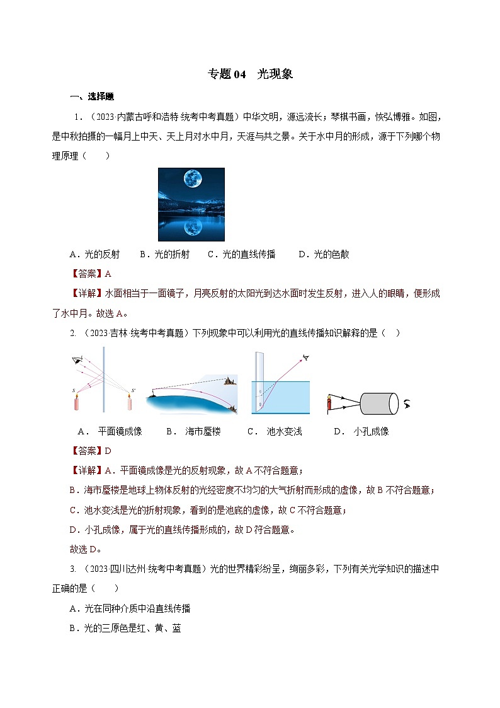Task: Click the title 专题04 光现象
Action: pyautogui.click(x=250, y=74)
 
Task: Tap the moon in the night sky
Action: pyautogui.click(x=192, y=179)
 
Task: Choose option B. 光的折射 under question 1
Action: pyautogui.click(x=156, y=255)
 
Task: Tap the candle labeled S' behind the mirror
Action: pyautogui.click(x=130, y=402)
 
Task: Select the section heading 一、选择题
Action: pyautogui.click(x=92, y=96)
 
